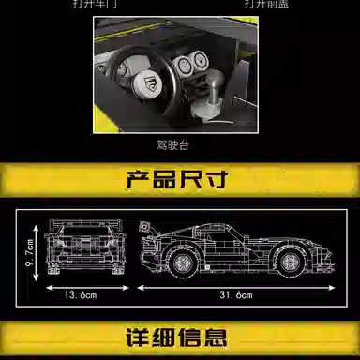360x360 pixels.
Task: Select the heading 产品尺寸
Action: point(179,180)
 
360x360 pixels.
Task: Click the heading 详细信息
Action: point(179,338)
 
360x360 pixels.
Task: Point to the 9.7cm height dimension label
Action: point(29,250)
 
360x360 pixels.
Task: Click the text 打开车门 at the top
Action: point(117,4)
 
